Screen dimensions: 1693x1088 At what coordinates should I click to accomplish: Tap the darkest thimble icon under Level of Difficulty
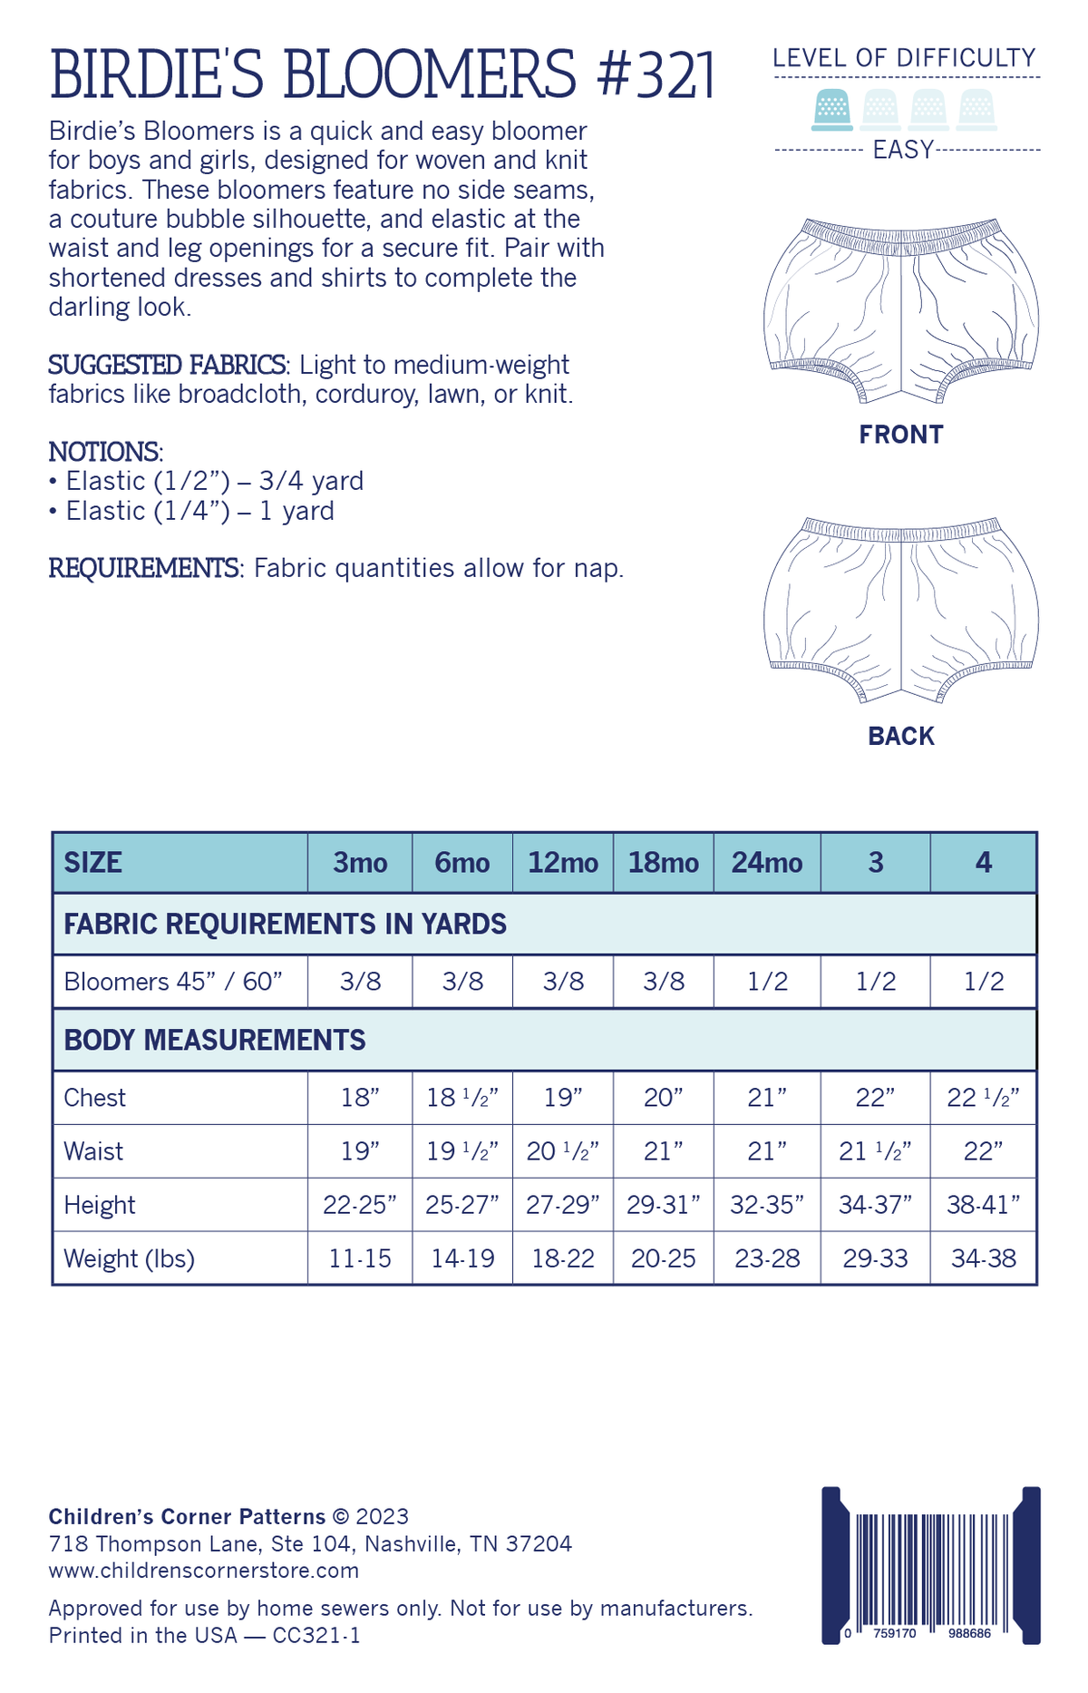click(x=831, y=109)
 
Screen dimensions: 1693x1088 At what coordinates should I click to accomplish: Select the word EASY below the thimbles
click(x=903, y=150)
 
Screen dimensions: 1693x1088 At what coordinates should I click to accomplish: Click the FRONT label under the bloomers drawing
click(x=901, y=435)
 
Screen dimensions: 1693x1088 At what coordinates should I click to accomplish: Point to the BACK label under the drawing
click(x=901, y=736)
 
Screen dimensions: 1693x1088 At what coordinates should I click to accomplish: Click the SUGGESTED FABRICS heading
click(x=168, y=365)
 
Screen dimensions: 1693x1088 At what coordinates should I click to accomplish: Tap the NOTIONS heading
click(x=104, y=452)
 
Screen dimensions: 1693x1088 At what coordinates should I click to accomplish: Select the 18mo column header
click(x=663, y=862)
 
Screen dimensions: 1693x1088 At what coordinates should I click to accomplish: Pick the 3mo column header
click(x=360, y=862)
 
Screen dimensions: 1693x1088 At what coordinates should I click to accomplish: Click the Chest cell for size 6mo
click(x=462, y=1098)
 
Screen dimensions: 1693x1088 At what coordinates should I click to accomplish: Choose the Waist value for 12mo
click(x=563, y=1151)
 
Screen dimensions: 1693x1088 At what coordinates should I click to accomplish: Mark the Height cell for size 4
click(x=984, y=1205)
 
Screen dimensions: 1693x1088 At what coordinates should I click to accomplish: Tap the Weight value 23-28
click(x=767, y=1258)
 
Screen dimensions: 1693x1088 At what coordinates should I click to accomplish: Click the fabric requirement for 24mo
click(x=767, y=982)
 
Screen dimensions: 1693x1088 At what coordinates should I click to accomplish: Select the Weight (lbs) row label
click(x=129, y=1258)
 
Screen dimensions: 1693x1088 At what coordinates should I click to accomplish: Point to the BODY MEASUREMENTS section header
click(x=215, y=1040)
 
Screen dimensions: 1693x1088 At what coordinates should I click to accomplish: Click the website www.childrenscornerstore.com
click(x=203, y=1570)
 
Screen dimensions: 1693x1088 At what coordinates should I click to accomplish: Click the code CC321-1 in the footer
click(x=316, y=1635)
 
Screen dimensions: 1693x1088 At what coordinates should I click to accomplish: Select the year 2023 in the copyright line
click(x=382, y=1516)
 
